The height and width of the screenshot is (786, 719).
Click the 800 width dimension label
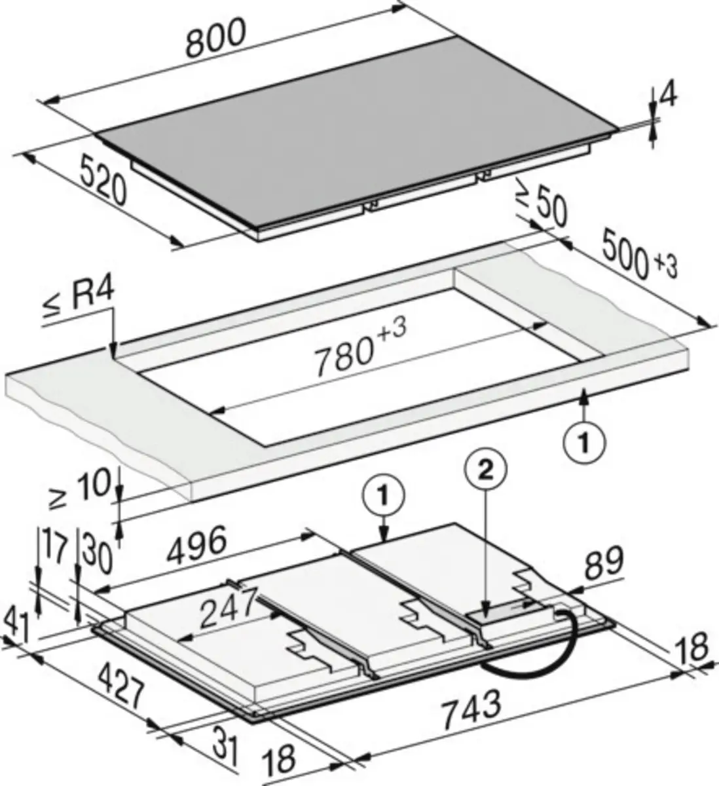coord(217,37)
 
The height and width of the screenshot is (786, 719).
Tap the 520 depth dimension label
coord(103,179)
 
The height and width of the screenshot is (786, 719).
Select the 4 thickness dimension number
coord(667,96)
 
